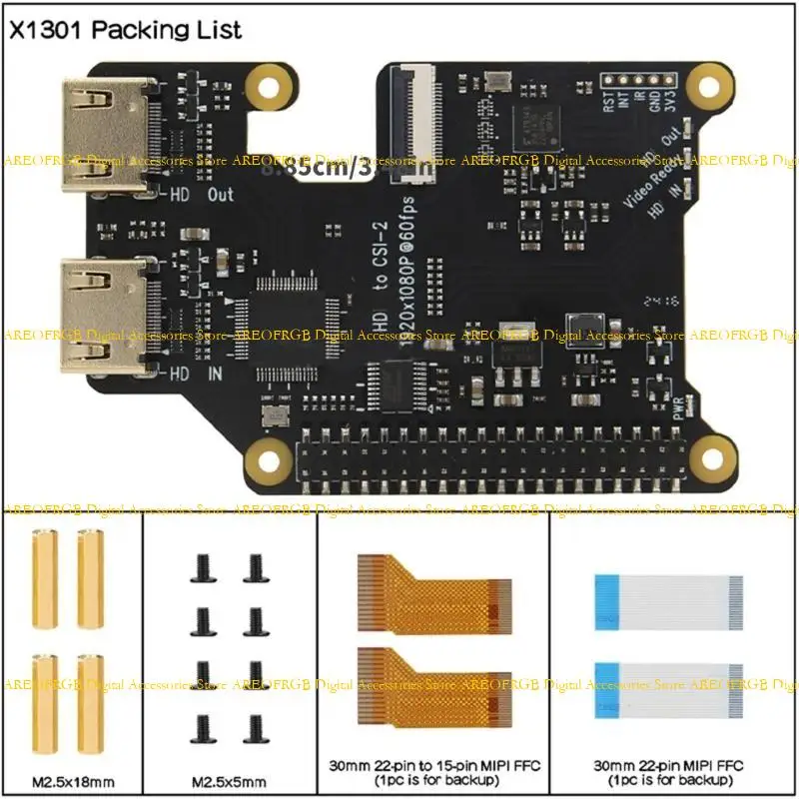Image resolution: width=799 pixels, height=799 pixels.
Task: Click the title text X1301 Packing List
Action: (125, 30)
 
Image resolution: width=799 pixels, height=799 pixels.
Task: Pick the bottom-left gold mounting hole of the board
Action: (269, 459)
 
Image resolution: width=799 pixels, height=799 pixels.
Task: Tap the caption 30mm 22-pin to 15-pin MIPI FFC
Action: (433, 765)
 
